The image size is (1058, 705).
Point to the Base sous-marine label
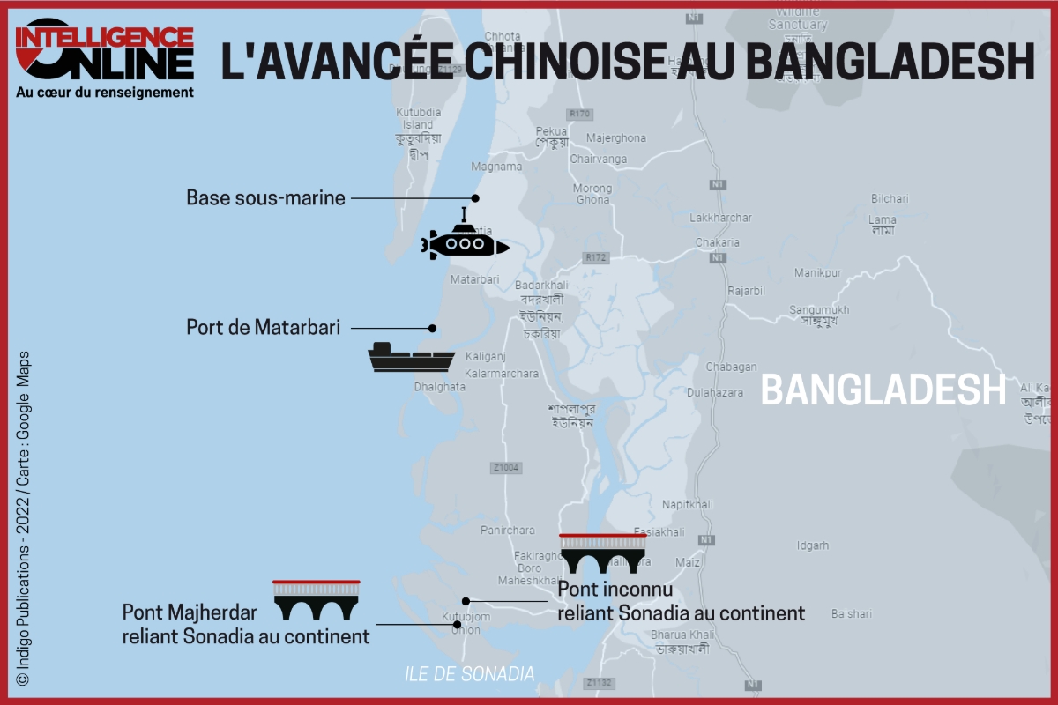(265, 197)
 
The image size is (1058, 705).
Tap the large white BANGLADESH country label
(883, 390)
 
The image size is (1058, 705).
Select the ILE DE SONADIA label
(469, 674)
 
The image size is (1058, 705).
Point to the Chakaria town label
(717, 242)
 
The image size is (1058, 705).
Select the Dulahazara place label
(715, 392)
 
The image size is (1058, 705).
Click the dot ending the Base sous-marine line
(475, 198)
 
